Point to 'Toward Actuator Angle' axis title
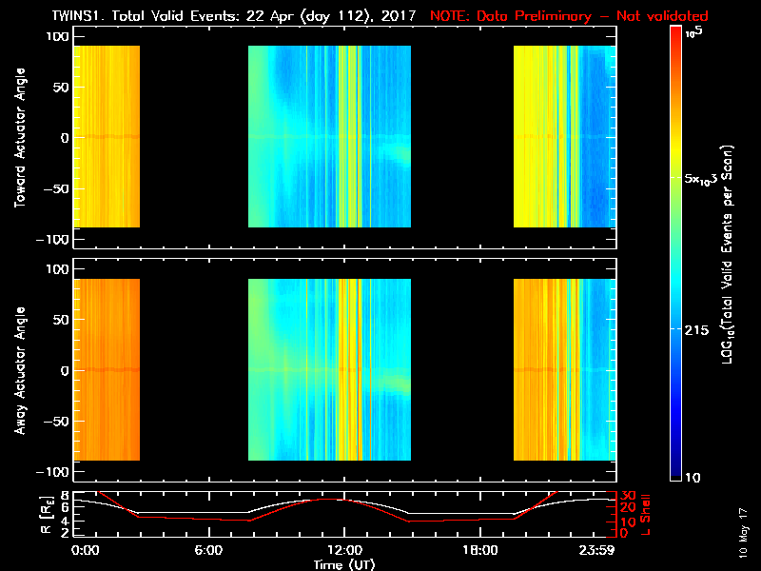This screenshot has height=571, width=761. coord(18,139)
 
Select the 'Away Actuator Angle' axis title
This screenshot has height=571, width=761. coord(18,371)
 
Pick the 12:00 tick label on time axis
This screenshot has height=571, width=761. coord(343,550)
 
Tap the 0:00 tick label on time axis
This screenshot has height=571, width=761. coord(86,550)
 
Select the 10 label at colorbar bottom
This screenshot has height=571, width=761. coord(694,476)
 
